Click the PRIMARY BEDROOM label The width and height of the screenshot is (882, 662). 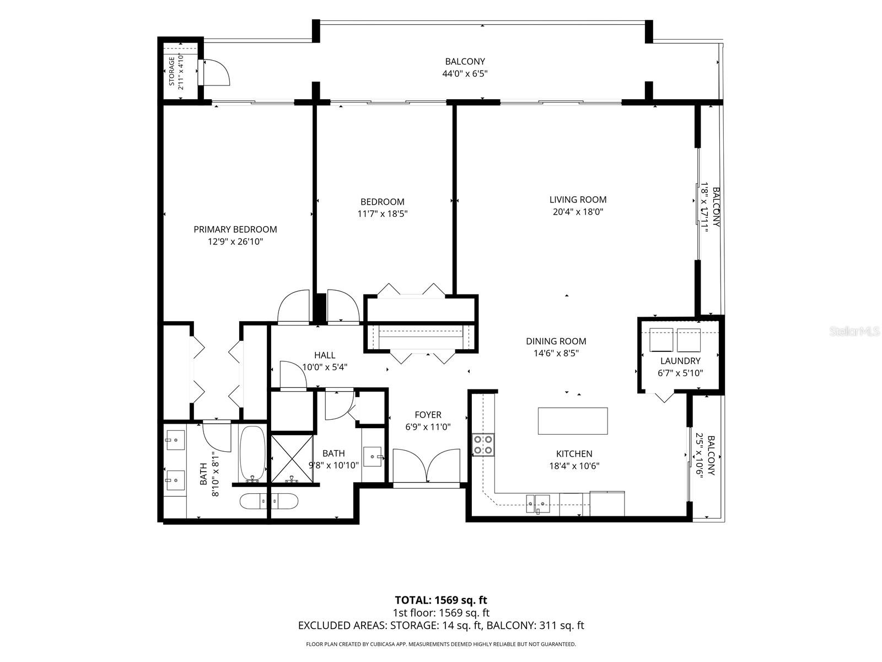(x=235, y=229)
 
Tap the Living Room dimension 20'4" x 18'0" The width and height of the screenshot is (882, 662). (x=578, y=212)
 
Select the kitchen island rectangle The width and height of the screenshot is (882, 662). (x=573, y=421)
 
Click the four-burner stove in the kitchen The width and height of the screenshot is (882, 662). (x=483, y=445)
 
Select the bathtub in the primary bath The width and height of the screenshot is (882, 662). (x=252, y=454)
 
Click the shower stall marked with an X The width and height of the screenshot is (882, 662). (x=292, y=459)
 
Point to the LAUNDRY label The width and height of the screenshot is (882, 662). (x=680, y=361)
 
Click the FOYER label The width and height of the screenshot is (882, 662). (x=428, y=414)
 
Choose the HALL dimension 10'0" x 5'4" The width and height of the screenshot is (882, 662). (x=325, y=367)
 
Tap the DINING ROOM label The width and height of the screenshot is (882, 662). (x=556, y=341)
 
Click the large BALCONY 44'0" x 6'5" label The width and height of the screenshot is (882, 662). (x=465, y=67)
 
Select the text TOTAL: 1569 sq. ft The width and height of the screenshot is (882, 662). (x=441, y=600)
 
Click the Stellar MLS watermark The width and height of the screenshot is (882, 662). (x=854, y=331)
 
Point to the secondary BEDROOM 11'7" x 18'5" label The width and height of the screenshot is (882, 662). (x=382, y=208)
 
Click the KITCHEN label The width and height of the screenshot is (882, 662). (x=574, y=454)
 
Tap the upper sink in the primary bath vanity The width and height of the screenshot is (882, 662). (x=176, y=441)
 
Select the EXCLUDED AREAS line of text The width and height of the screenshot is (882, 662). (x=441, y=626)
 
